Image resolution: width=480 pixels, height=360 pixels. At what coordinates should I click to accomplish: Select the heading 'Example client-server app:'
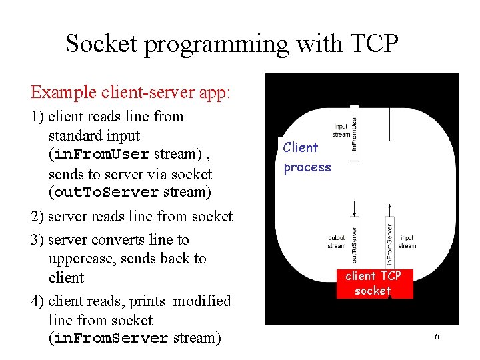point(131,91)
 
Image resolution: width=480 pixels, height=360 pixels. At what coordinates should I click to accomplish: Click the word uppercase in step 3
point(86,258)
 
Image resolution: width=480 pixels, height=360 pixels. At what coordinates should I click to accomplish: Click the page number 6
point(437,337)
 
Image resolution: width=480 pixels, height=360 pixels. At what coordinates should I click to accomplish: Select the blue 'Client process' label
point(307,157)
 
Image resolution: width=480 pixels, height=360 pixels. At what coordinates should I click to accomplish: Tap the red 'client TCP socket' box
point(373,283)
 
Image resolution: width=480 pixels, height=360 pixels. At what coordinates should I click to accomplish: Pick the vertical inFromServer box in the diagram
point(389,241)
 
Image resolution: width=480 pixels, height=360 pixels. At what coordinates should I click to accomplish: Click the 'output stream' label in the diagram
point(337,241)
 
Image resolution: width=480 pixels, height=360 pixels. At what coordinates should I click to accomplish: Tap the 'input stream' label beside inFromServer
point(407,241)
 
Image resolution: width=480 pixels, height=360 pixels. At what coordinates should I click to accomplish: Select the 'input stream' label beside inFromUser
point(341,130)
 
